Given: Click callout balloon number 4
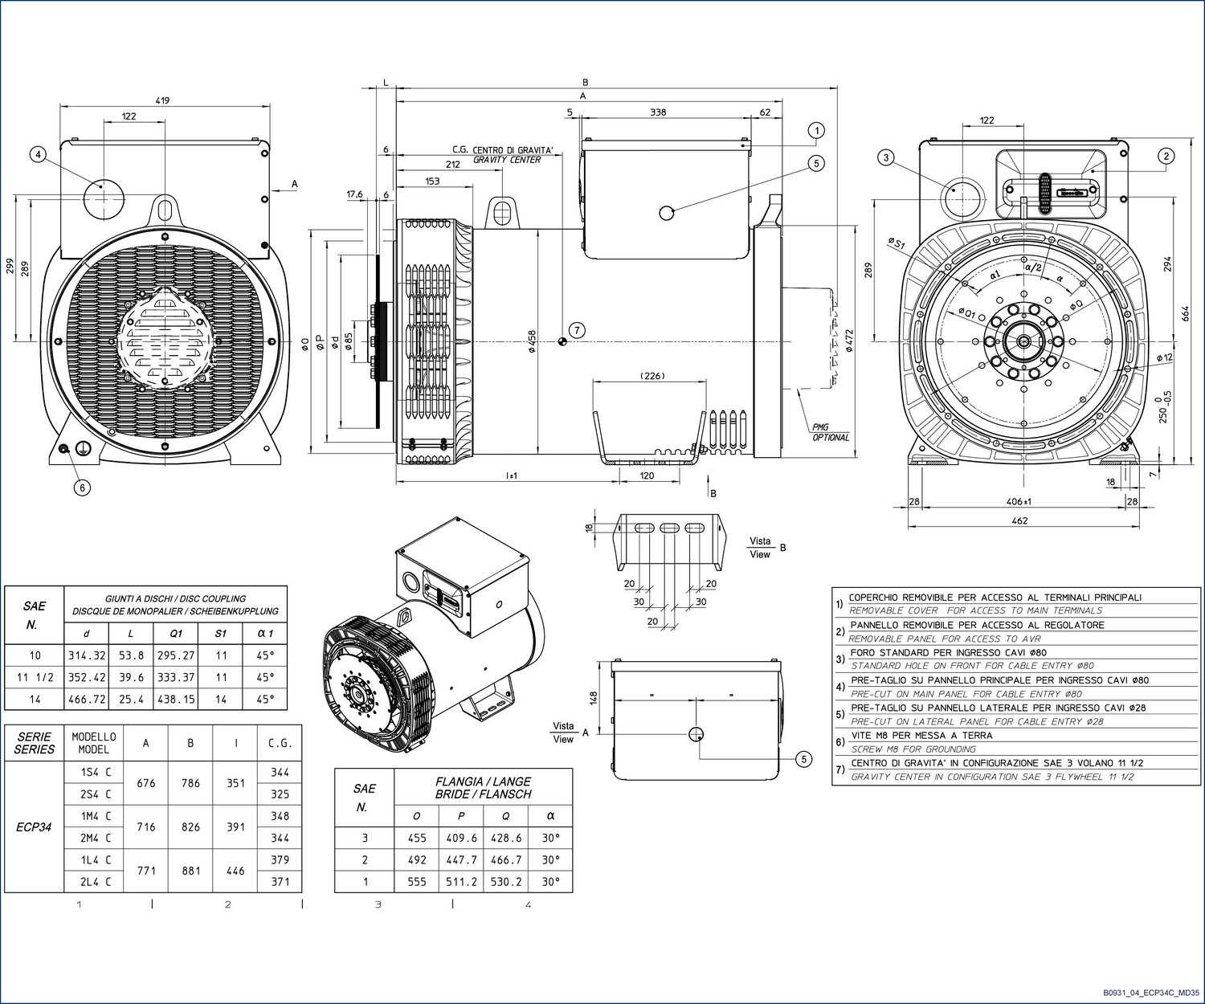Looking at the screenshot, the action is [x=38, y=155].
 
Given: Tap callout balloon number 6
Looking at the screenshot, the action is [x=82, y=488].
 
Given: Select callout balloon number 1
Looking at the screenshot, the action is [x=816, y=131].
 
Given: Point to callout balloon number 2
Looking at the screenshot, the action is [x=1166, y=156].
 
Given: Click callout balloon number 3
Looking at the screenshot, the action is [x=886, y=157].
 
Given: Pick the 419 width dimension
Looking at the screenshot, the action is [x=163, y=100].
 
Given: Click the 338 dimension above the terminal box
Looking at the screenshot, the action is [x=658, y=112].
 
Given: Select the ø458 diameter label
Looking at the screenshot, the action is [x=532, y=341].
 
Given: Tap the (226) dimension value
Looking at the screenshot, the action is [x=652, y=376].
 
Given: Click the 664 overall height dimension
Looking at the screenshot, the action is [x=1185, y=313].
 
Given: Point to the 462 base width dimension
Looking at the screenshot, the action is [x=1019, y=520].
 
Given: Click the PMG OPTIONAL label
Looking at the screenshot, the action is [x=831, y=432].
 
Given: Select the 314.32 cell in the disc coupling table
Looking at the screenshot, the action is [x=87, y=655].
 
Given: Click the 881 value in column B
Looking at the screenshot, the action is [x=191, y=870].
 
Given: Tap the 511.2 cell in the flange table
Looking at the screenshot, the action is [x=461, y=882].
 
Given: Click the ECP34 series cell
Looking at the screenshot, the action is [x=34, y=826].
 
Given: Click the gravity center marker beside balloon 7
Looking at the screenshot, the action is [x=562, y=341].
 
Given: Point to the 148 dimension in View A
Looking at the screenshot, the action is [x=594, y=698].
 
